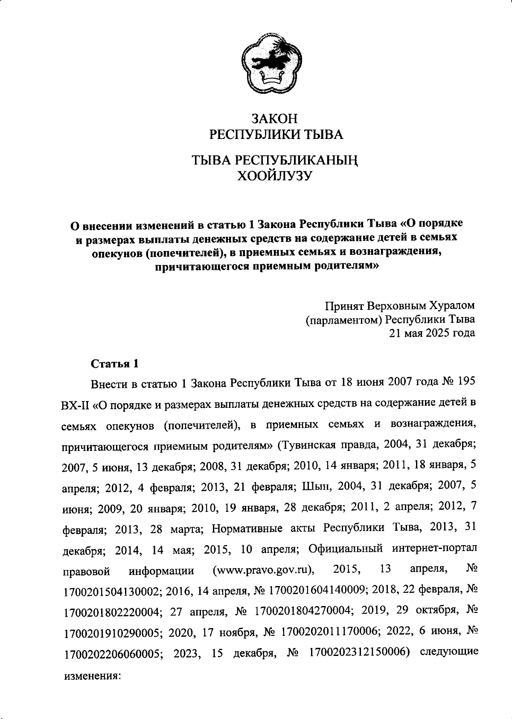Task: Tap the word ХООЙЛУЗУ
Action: tap(275, 175)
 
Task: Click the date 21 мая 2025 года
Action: tap(431, 333)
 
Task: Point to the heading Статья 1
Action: tap(115, 364)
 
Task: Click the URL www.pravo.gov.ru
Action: tap(263, 570)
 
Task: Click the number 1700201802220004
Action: tap(112, 612)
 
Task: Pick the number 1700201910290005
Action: tap(112, 632)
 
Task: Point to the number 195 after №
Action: tap(466, 382)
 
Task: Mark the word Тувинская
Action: tap(304, 446)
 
